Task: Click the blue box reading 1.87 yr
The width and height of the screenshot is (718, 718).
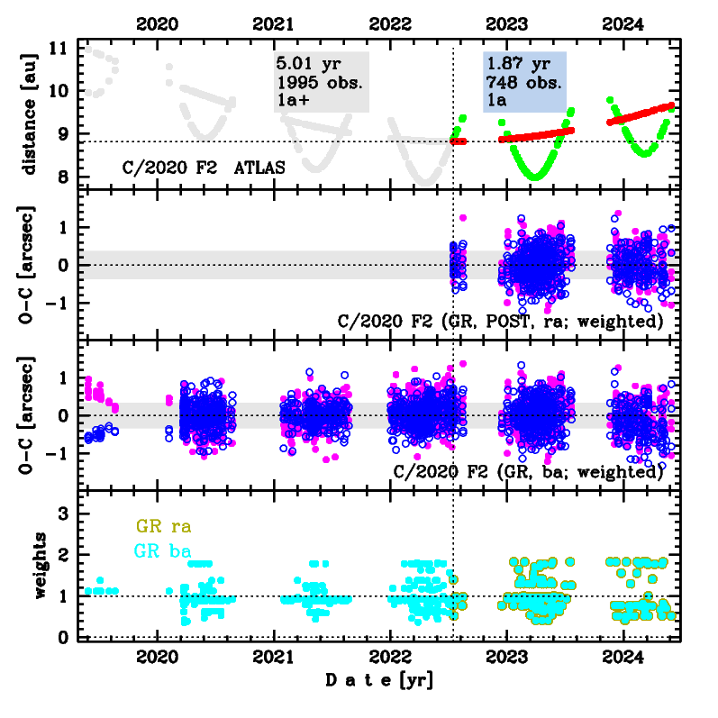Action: (524, 81)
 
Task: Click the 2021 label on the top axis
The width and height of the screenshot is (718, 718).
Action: (276, 24)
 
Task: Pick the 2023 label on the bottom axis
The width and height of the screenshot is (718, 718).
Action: (507, 657)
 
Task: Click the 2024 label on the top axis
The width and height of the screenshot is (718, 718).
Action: (623, 24)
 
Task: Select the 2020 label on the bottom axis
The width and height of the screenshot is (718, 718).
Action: (159, 657)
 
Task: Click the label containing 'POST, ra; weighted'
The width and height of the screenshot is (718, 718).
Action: (500, 321)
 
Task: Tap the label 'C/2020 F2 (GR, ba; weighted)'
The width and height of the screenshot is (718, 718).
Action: (529, 471)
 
